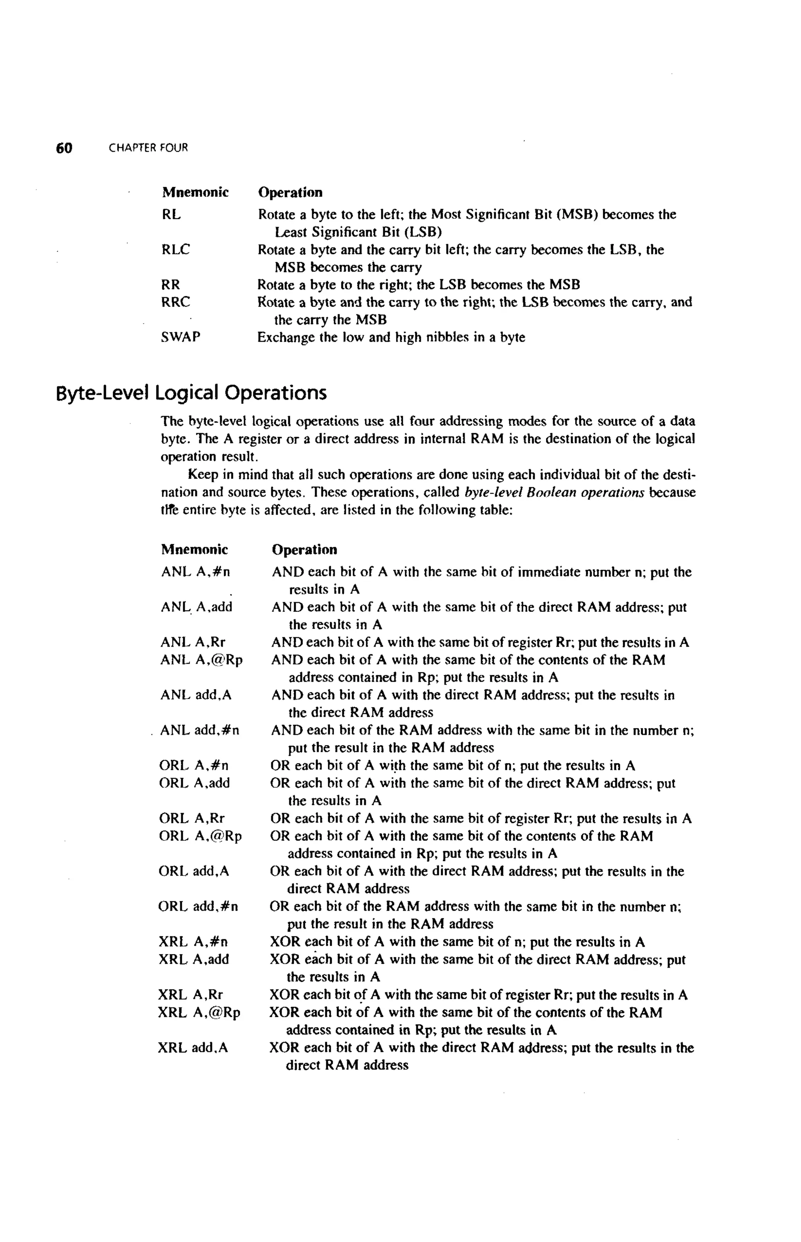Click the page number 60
point(64,148)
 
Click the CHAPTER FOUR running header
point(148,148)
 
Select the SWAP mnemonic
point(180,337)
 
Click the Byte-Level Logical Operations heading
point(191,393)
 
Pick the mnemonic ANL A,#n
point(196,572)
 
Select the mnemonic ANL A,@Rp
point(202,660)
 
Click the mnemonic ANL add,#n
point(200,730)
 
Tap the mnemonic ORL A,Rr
point(192,818)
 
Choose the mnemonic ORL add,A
point(194,871)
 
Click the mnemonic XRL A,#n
point(194,942)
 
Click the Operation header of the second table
point(304,550)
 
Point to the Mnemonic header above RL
point(195,193)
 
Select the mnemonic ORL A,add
point(194,783)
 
